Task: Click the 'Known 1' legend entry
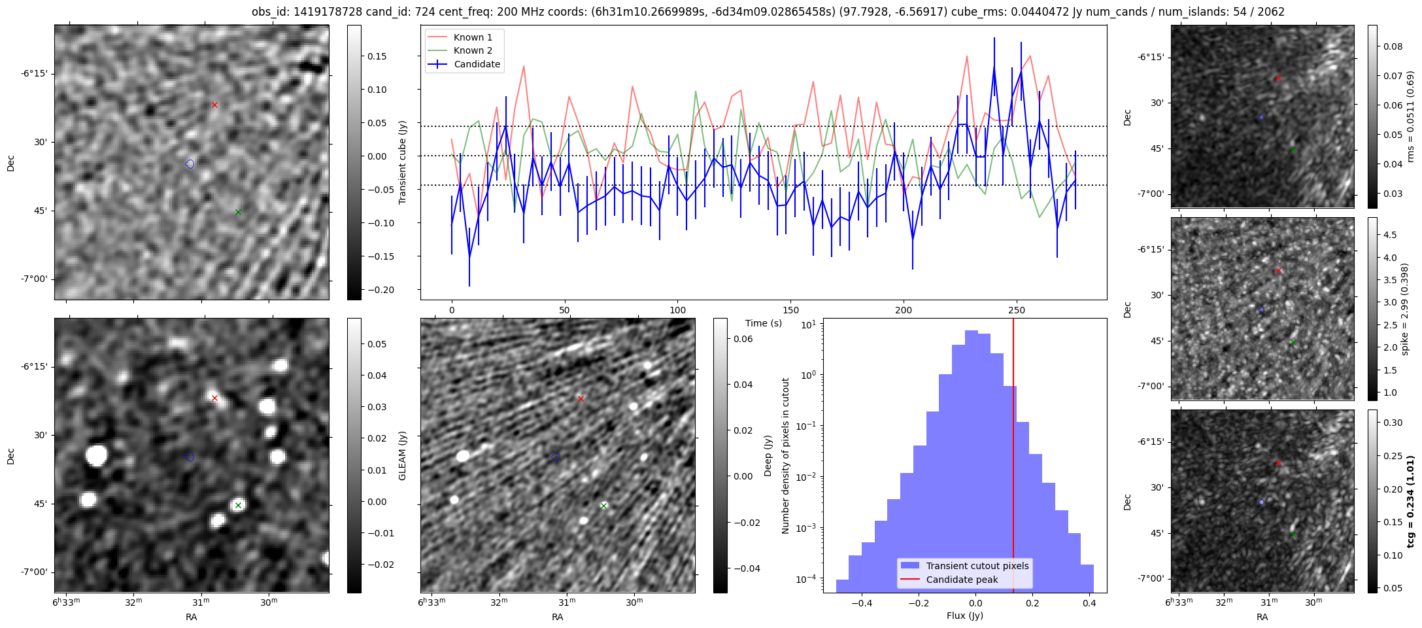[473, 37]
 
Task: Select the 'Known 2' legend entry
[473, 50]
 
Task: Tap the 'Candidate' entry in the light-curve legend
[477, 64]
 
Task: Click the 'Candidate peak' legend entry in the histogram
[962, 580]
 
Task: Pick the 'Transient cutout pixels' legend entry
[977, 566]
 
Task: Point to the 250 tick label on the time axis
[1017, 310]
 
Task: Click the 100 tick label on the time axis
[678, 310]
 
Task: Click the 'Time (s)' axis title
[763, 323]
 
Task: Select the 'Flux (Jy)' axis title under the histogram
[964, 616]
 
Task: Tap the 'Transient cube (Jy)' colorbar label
[403, 162]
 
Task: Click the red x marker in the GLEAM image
[214, 398]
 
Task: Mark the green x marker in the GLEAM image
[238, 505]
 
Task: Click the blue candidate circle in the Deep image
[556, 457]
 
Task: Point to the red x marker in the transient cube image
[214, 105]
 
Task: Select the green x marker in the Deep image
[604, 506]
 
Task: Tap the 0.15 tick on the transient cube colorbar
[377, 56]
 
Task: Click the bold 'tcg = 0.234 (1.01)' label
[1411, 501]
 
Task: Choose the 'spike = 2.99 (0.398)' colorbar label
[1404, 309]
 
